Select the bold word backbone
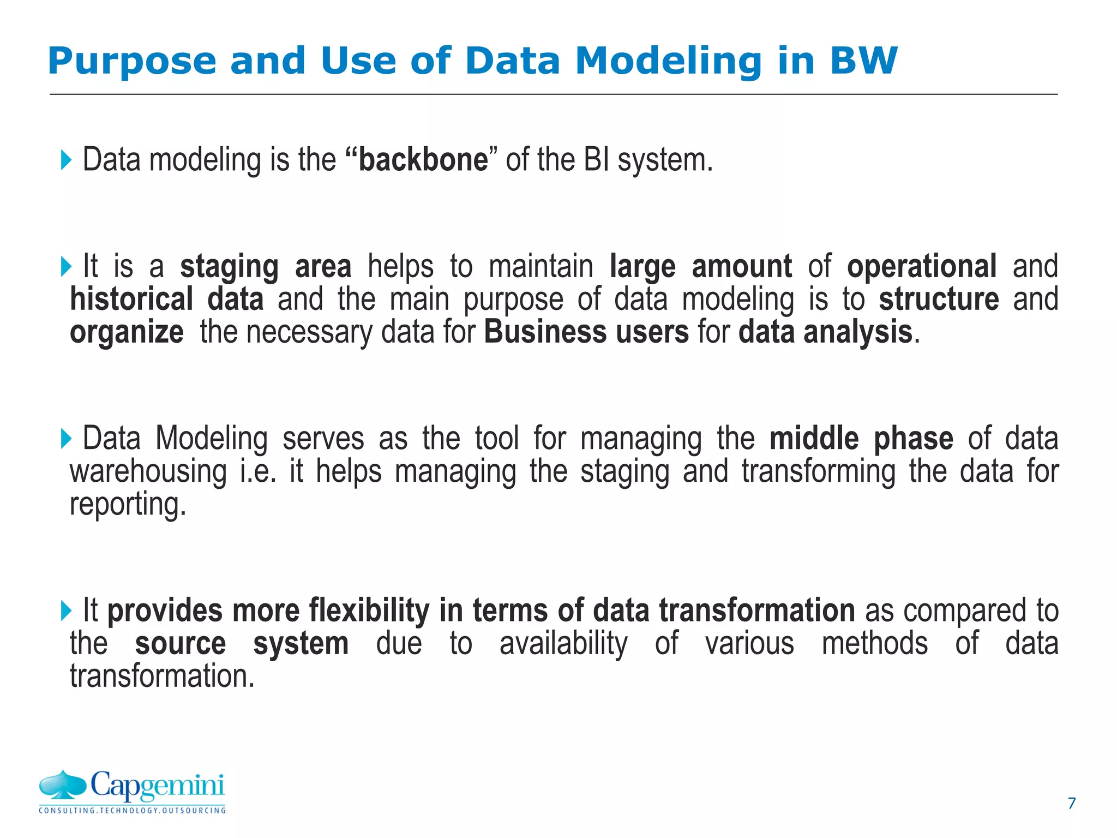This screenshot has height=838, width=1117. click(x=423, y=160)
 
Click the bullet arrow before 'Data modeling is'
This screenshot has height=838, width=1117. click(x=66, y=160)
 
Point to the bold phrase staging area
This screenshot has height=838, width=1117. click(x=266, y=267)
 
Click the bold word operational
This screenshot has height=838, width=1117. click(x=921, y=267)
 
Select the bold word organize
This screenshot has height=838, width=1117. click(x=127, y=333)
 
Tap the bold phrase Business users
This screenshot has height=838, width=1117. click(x=586, y=332)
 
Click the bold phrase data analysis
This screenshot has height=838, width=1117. click(x=825, y=332)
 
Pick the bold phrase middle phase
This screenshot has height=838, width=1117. click(x=861, y=439)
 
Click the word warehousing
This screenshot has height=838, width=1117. click(x=148, y=472)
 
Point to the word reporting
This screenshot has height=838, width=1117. click(x=128, y=505)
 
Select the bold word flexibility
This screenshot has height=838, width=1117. click(x=369, y=610)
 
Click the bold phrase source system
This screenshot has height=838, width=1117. click(x=242, y=644)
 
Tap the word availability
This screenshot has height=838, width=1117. click(x=563, y=644)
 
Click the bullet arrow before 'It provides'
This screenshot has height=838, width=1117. click(x=66, y=610)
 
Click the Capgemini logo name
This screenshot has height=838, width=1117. click(x=157, y=786)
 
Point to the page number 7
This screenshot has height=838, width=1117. click(x=1071, y=803)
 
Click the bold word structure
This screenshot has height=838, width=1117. click(x=939, y=300)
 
